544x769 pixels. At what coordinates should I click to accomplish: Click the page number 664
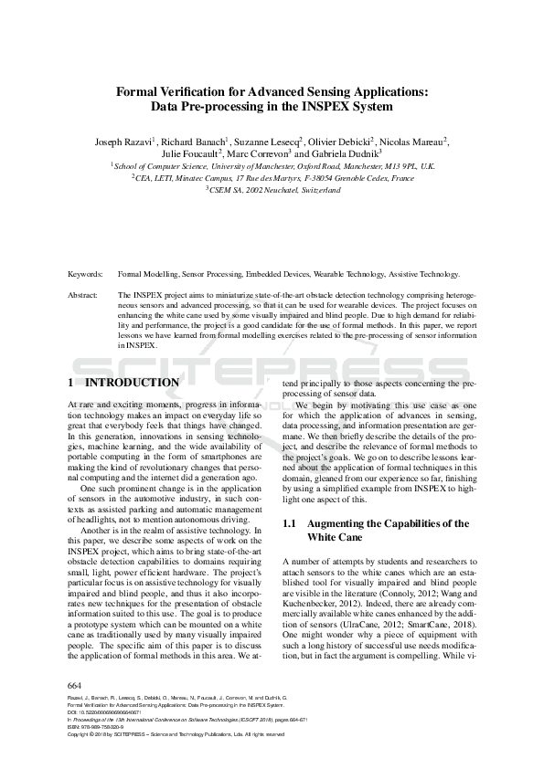point(76,684)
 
